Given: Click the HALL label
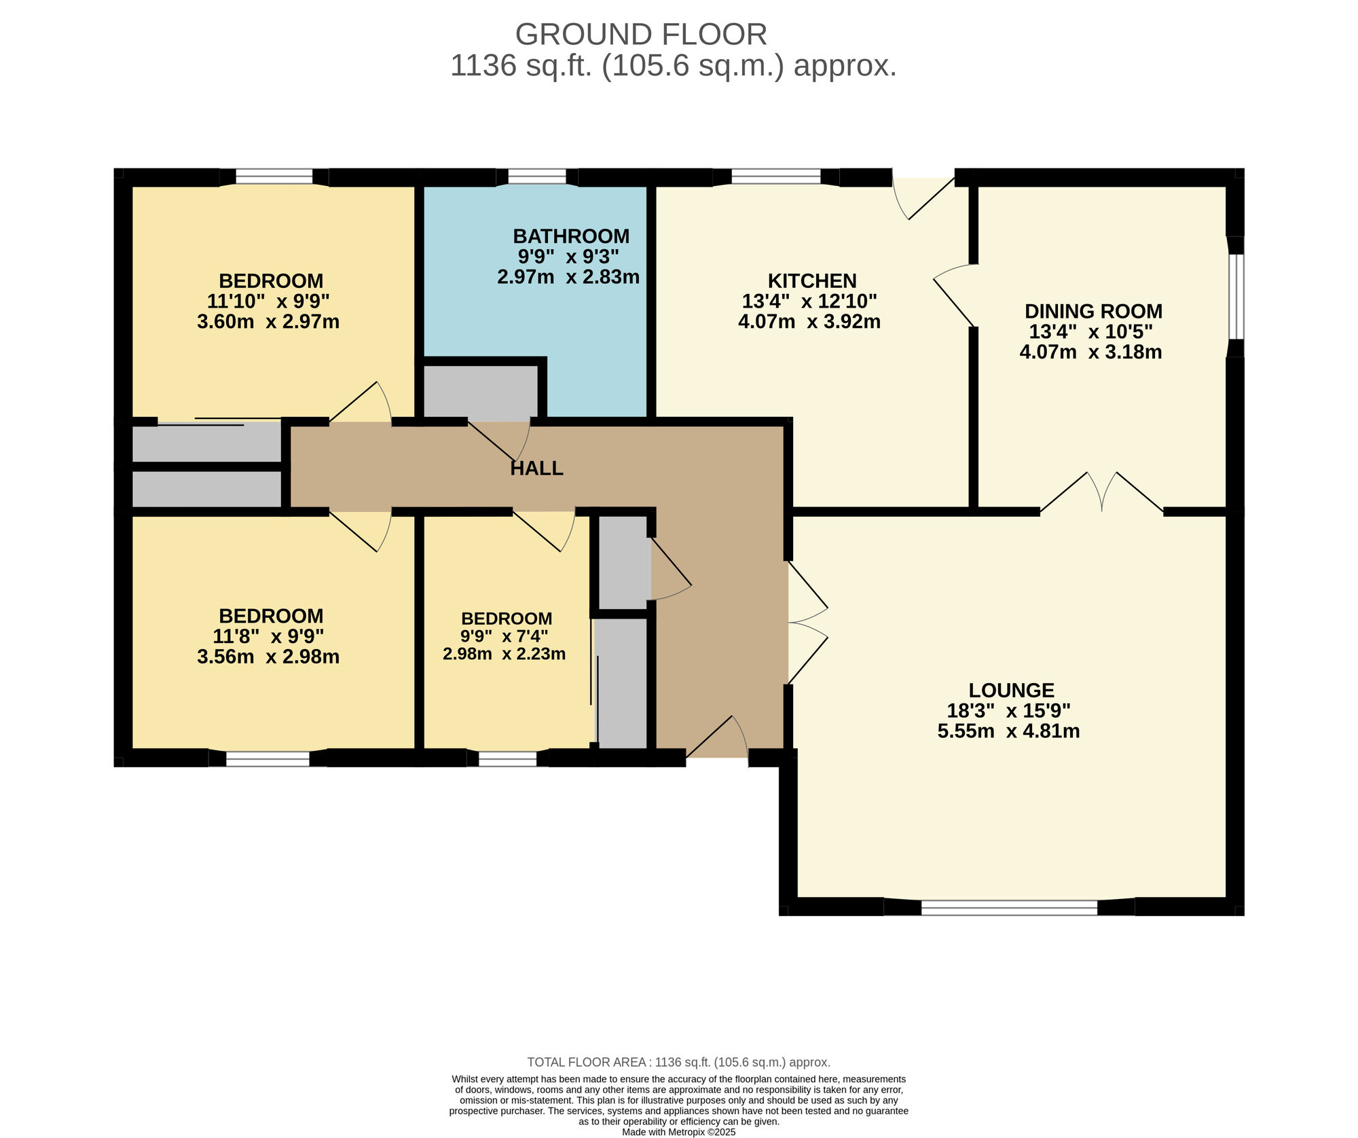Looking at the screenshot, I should click(x=536, y=469).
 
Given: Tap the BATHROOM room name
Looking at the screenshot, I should click(x=571, y=236).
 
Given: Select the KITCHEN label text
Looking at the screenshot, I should click(x=812, y=280).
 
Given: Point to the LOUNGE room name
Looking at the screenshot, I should click(x=1011, y=691).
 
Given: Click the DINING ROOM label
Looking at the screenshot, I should click(x=1093, y=312).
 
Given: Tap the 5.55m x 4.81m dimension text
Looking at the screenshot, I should click(x=1008, y=731).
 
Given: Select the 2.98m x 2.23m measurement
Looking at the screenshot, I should click(x=504, y=654).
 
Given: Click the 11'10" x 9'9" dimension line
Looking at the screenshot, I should click(x=268, y=301).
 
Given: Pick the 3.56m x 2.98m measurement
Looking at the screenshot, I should click(x=268, y=657).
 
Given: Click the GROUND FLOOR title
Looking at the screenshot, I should click(x=641, y=34).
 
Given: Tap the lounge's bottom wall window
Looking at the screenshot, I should click(x=1009, y=908).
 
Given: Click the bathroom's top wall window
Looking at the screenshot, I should click(x=536, y=177).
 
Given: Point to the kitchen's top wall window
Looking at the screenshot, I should click(x=775, y=177).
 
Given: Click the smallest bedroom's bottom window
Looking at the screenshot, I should click(x=507, y=759).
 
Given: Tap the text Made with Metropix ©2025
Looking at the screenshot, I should click(x=678, y=1132).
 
